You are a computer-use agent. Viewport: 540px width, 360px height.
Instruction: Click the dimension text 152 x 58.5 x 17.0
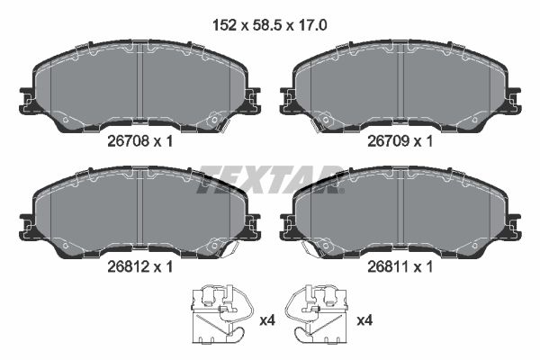(x=270, y=25)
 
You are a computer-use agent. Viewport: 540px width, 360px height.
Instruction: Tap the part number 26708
(x=128, y=141)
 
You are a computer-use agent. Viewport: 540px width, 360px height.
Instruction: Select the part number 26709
(x=388, y=141)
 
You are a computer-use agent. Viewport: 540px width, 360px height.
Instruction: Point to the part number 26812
(x=128, y=266)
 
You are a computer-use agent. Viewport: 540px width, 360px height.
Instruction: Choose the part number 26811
(x=388, y=266)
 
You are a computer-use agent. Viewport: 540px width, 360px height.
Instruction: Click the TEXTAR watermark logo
(x=270, y=179)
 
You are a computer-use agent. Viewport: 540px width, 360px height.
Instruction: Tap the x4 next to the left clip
(x=267, y=321)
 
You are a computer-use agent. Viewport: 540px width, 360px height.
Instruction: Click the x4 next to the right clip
(x=364, y=321)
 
